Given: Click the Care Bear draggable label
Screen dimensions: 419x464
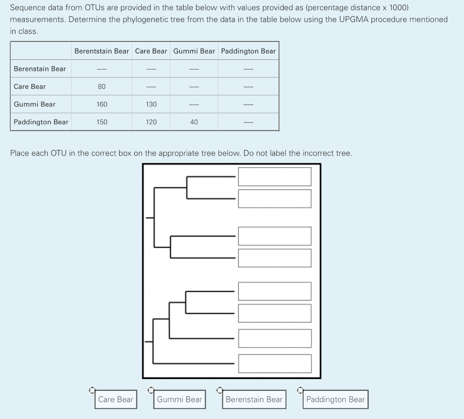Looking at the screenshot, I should (116, 399).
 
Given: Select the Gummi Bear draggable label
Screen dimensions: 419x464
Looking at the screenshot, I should (179, 399).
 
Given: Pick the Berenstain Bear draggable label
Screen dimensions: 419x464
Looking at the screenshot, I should (254, 399).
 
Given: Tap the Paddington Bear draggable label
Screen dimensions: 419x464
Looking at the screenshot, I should (335, 399).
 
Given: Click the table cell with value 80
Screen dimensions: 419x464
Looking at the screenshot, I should (101, 87).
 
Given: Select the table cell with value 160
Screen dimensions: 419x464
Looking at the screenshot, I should (101, 104).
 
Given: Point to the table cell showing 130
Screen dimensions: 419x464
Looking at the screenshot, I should (151, 104).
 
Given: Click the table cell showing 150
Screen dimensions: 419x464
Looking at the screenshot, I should (101, 122).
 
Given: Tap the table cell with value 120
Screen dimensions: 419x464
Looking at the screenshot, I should (151, 122).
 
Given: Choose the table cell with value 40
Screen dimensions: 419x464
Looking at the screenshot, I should (194, 122).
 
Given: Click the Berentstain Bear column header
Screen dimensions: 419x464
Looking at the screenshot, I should (101, 51).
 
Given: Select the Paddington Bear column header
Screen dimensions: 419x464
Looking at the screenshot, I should (248, 51).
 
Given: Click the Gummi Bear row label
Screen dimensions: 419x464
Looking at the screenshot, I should (34, 104).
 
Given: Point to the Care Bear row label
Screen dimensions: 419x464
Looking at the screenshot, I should (30, 87).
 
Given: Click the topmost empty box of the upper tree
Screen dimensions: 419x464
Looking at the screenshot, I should (275, 176).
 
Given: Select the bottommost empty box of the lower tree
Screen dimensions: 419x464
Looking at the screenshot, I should (275, 363).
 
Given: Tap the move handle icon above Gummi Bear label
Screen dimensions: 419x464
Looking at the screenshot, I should (151, 390).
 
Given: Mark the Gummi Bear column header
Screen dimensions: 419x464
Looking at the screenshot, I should (194, 51).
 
